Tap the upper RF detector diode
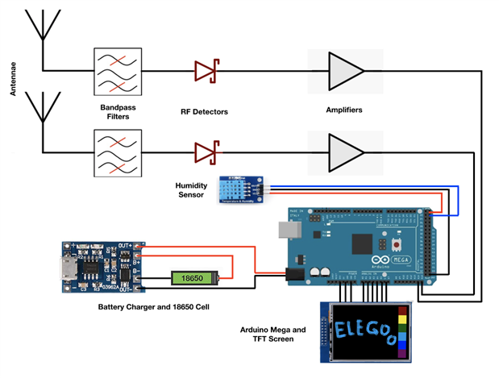point(205,71)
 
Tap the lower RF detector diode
point(205,151)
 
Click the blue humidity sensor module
point(241,190)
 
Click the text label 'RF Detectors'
point(205,111)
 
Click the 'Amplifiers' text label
point(343,111)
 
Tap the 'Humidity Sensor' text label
point(192,190)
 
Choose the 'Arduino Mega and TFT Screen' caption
point(274,334)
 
